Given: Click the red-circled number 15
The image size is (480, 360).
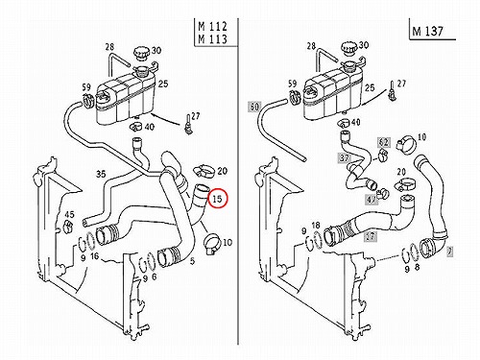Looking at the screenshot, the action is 217,199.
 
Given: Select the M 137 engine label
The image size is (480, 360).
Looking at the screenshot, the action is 428,31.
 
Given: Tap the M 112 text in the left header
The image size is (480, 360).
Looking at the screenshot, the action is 212,26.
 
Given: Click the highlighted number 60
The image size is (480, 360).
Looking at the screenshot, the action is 254,107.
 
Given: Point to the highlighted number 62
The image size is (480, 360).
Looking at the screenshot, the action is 383,142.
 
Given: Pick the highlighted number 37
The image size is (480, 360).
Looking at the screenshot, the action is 345,157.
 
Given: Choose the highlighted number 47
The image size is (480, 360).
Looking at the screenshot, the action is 372,200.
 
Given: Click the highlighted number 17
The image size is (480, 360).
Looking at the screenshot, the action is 371,236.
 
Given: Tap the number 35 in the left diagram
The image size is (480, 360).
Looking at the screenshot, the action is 101,174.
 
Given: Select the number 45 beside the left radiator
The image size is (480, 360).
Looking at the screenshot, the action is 69,215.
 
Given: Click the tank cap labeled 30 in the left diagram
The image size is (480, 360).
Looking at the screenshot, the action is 140,53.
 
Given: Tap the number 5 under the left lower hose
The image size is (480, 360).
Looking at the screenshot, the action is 192,261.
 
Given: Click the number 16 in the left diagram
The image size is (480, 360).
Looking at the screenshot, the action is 94,256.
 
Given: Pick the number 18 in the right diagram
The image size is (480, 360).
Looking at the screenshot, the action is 316,226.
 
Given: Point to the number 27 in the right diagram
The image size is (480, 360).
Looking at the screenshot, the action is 401,84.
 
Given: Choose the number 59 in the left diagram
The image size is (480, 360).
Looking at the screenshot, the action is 86,86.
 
